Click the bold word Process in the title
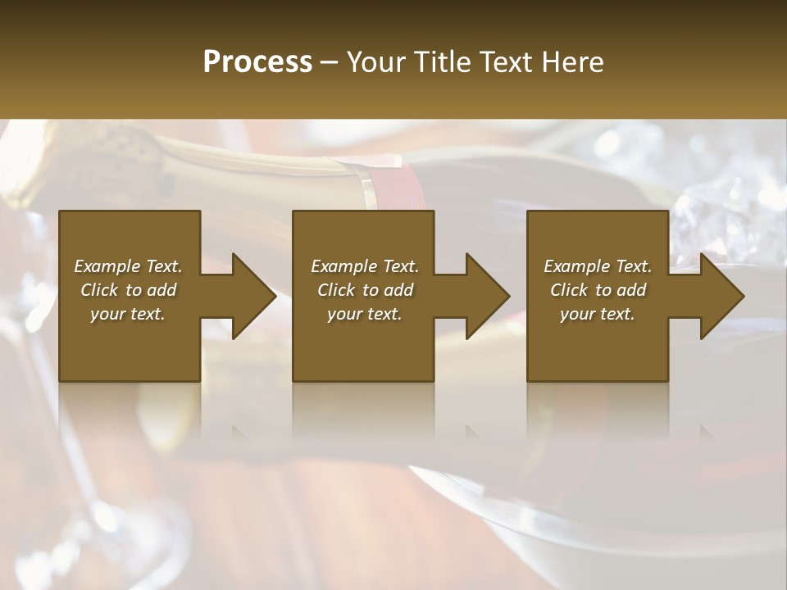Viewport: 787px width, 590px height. coord(257,62)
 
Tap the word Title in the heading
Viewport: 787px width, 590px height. coord(444,62)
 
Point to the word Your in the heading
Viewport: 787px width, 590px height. coord(378,62)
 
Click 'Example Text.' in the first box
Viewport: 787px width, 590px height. coord(128,265)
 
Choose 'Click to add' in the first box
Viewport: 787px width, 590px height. coord(128,289)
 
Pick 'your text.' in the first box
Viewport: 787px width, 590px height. coord(128,314)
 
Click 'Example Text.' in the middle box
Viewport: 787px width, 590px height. coord(364,265)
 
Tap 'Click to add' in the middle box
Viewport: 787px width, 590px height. coord(364,289)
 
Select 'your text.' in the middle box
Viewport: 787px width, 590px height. coord(364,314)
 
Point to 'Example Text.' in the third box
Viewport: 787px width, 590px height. coord(598,265)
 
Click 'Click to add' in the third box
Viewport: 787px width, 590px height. coord(598,289)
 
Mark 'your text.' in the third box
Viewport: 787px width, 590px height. coord(598,314)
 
